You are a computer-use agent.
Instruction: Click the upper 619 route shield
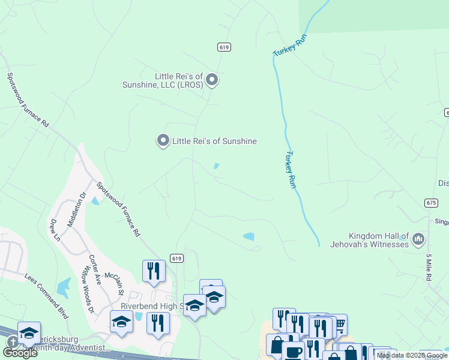point(224,47)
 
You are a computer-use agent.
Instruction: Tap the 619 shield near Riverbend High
point(176,258)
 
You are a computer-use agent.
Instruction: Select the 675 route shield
point(430,203)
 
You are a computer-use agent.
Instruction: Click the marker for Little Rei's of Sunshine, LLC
point(212,80)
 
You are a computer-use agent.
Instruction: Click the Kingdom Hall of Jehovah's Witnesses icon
point(419,239)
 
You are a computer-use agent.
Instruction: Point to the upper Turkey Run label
point(291,46)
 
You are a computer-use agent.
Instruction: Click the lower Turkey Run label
point(291,170)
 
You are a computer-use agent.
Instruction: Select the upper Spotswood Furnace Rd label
point(28,100)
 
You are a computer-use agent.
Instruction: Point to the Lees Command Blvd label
point(46,295)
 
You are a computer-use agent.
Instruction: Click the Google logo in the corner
point(20,352)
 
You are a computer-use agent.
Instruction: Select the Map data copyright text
point(412,355)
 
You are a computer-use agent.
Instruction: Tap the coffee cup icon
point(292,352)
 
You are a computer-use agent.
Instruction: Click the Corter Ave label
point(95,266)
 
